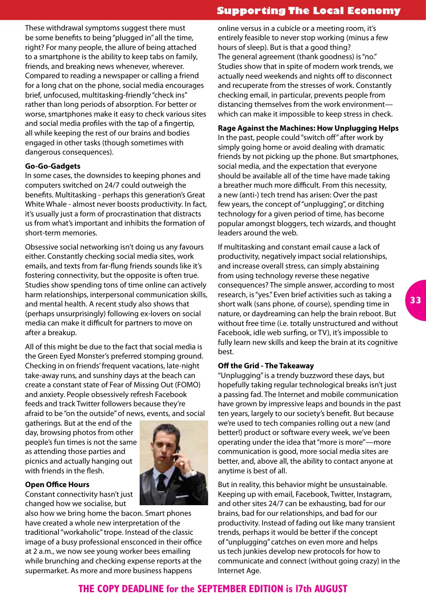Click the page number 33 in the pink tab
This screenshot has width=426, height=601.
click(x=415, y=300)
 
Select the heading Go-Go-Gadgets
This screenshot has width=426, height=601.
click(x=53, y=166)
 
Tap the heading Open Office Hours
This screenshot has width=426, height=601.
click(x=57, y=484)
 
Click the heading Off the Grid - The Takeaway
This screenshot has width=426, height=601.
click(x=266, y=366)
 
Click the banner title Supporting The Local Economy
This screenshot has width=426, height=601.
click(x=308, y=11)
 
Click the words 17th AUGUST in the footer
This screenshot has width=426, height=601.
click(x=321, y=589)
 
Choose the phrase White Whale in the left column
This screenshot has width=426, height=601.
click(x=46, y=204)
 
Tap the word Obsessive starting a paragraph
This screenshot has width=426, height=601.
click(x=43, y=247)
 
